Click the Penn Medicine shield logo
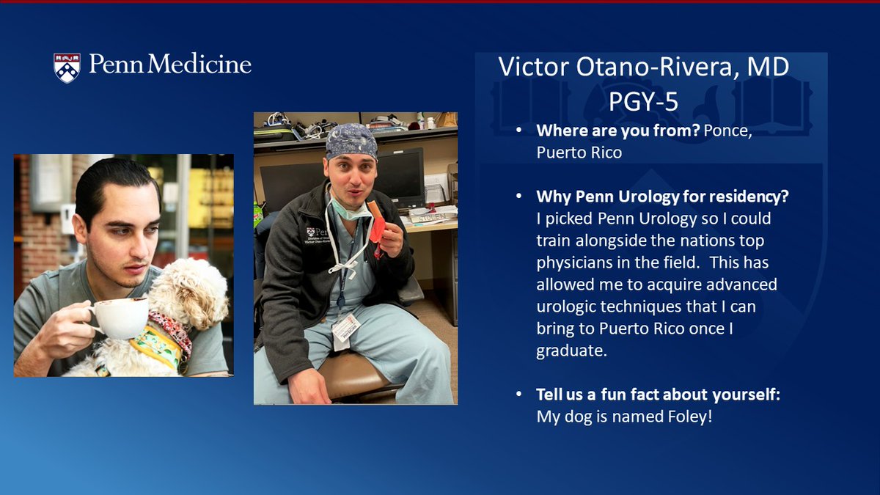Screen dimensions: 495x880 point(67,67)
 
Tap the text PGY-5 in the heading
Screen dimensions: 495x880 point(643,100)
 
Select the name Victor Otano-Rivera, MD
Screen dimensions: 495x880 point(643,67)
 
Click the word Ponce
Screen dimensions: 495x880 point(725,131)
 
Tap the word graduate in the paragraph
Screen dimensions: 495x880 point(571,351)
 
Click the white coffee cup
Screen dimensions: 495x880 point(120,317)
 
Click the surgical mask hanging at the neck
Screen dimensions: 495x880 point(351,210)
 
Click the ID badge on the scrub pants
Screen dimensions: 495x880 point(345,328)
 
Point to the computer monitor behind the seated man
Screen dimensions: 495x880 point(400,176)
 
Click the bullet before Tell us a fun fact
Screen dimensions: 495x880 point(519,395)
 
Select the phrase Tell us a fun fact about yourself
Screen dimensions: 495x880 point(657,395)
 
